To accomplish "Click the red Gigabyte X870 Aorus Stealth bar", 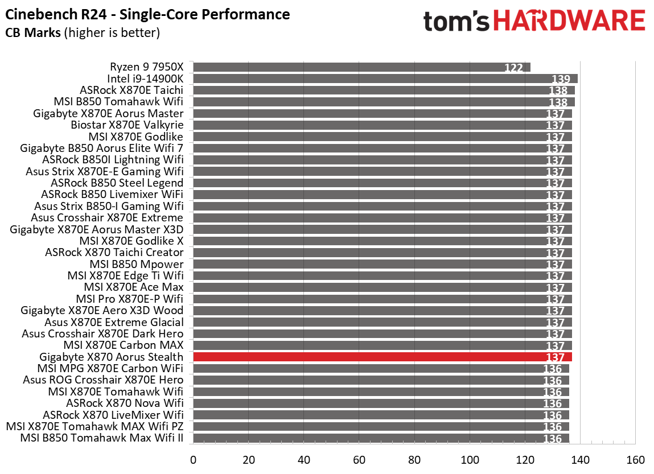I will (x=382, y=357).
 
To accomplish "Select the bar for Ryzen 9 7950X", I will (x=361, y=67).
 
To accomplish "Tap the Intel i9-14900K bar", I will (x=385, y=79).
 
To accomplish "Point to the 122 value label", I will (x=513, y=68).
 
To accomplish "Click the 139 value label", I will (x=561, y=80).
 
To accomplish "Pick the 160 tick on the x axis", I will (x=635, y=460).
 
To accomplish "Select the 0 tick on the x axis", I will (x=193, y=460).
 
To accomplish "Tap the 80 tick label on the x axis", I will (x=414, y=460).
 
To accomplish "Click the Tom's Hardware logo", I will (x=534, y=22).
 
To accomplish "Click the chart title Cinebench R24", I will (x=147, y=14).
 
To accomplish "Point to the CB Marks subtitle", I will (x=82, y=33).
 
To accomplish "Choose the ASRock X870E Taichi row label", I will (x=131, y=90).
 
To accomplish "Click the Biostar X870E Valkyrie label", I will (x=127, y=125).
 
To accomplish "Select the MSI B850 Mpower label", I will (x=136, y=264).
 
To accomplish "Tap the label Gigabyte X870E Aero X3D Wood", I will (x=102, y=310).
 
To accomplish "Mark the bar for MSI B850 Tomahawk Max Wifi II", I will (x=381, y=438).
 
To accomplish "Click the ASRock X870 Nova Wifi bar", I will (x=381, y=403).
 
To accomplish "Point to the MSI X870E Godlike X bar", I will (x=382, y=241).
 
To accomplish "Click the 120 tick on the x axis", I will (x=525, y=460).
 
